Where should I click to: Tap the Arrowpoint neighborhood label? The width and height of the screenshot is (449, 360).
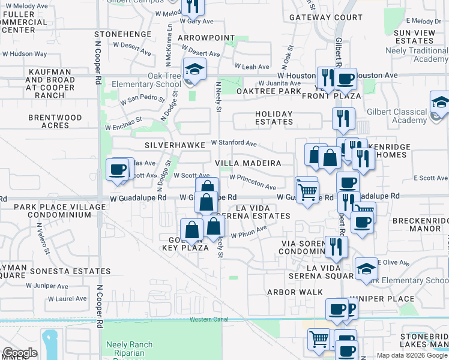[x=206, y=38]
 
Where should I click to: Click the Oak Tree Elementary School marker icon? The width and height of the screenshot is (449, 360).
[x=194, y=70]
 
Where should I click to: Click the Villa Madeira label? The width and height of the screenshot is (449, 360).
[x=248, y=163]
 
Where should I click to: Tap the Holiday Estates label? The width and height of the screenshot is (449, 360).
[x=274, y=118]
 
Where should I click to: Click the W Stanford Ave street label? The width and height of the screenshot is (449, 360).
[x=234, y=144]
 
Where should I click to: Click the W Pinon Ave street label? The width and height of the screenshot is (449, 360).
[x=249, y=231]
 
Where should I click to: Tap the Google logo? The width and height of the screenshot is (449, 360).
[x=20, y=353]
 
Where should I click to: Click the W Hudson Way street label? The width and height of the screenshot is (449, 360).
[x=25, y=54]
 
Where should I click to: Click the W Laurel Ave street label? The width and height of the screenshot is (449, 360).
[x=68, y=298]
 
